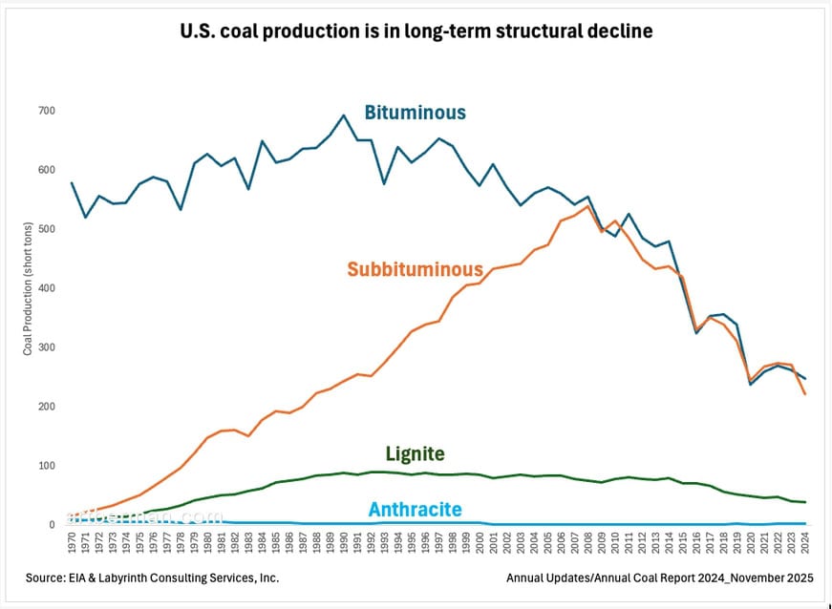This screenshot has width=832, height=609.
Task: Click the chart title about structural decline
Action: click(x=416, y=31)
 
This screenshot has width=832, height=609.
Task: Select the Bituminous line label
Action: click(x=415, y=113)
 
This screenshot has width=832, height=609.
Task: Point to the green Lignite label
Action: click(x=415, y=454)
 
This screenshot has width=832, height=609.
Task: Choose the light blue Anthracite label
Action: click(x=416, y=510)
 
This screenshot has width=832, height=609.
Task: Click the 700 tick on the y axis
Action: click(x=48, y=112)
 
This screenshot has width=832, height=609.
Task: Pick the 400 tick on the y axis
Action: click(x=48, y=288)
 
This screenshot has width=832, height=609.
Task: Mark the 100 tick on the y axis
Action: click(x=48, y=466)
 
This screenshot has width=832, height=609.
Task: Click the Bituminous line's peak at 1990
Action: click(x=344, y=115)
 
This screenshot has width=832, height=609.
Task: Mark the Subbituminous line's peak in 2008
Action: click(x=587, y=206)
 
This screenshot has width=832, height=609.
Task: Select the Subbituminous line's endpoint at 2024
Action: click(x=804, y=394)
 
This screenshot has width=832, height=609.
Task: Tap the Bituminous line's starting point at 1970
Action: click(x=73, y=182)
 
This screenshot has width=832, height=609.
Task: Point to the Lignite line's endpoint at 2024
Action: click(x=804, y=502)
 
